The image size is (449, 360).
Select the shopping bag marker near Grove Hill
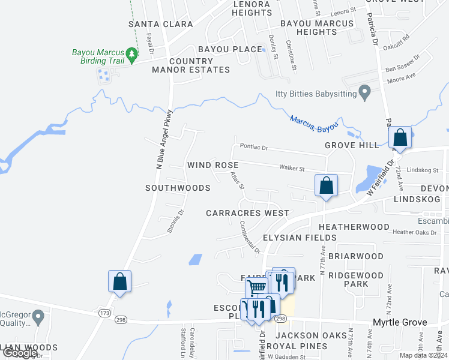400,137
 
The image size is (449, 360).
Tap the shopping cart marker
256,288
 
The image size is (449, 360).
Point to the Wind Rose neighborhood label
212,165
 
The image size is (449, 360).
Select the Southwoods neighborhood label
178,188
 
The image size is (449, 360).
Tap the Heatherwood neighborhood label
354,227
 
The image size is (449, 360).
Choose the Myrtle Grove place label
400,323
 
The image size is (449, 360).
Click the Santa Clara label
161,24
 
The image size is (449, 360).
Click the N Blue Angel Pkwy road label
165,139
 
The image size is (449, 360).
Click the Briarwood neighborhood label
360,256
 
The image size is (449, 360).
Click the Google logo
19,353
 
